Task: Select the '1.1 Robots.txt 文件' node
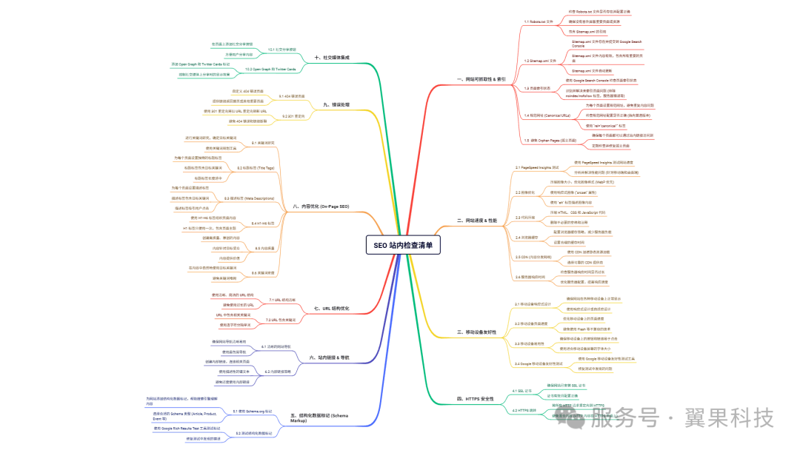(539, 22)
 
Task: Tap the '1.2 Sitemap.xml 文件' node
(540, 60)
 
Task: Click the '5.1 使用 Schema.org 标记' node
(253, 411)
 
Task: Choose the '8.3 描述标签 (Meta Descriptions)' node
(249, 198)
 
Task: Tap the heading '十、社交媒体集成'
(332, 58)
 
